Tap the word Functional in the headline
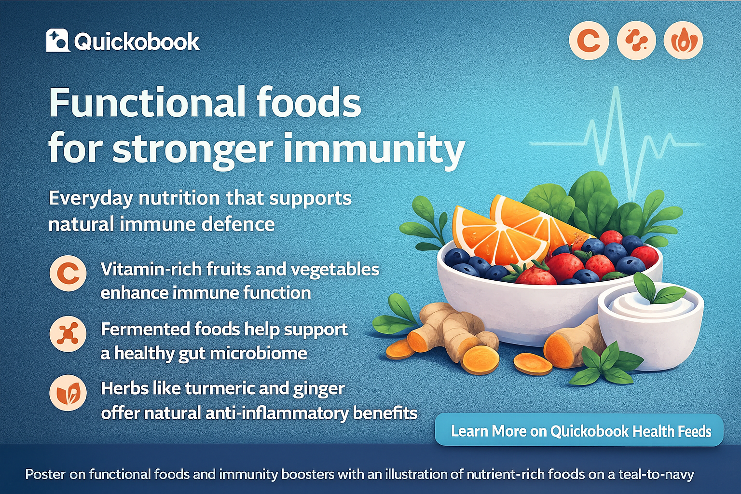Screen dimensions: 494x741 click(x=145, y=103)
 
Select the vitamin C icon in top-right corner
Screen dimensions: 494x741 click(x=589, y=41)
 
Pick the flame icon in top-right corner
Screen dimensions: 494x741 click(x=683, y=41)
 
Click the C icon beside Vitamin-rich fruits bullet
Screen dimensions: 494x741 click(x=69, y=274)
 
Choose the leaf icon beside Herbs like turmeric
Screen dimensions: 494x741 click(x=69, y=393)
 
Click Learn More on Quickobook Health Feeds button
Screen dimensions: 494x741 click(x=579, y=430)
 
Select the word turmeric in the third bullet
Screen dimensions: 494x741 click(x=220, y=389)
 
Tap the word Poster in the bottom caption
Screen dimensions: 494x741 click(x=45, y=474)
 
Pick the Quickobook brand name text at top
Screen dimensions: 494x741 click(x=137, y=42)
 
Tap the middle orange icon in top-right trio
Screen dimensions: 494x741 click(x=636, y=41)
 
